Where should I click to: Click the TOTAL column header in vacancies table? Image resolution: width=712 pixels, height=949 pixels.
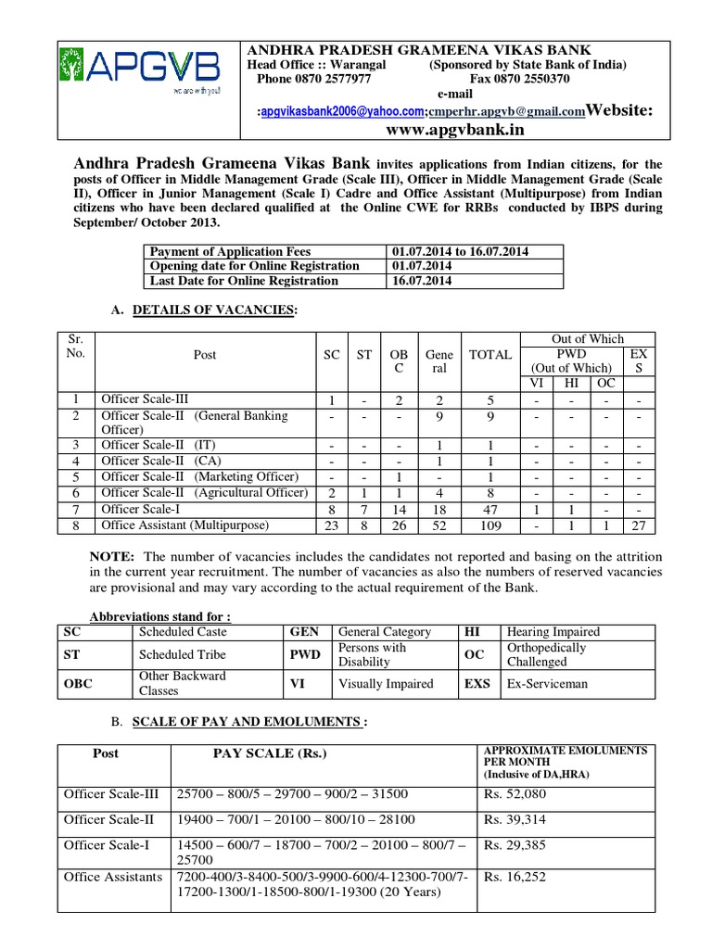(490, 354)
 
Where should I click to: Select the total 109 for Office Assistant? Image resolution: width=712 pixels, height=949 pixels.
(490, 525)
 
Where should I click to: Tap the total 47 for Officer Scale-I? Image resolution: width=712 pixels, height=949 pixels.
(490, 509)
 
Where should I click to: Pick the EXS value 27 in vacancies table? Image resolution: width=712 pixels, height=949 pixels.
(638, 525)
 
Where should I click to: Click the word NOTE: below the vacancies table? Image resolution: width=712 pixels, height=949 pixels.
(112, 556)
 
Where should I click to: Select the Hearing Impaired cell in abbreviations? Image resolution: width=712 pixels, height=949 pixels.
(553, 631)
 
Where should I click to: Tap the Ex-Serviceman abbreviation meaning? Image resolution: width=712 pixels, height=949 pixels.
(547, 683)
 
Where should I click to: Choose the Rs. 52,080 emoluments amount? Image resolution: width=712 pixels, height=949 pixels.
(513, 794)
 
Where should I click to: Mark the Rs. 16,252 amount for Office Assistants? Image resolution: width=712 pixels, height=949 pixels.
(513, 876)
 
